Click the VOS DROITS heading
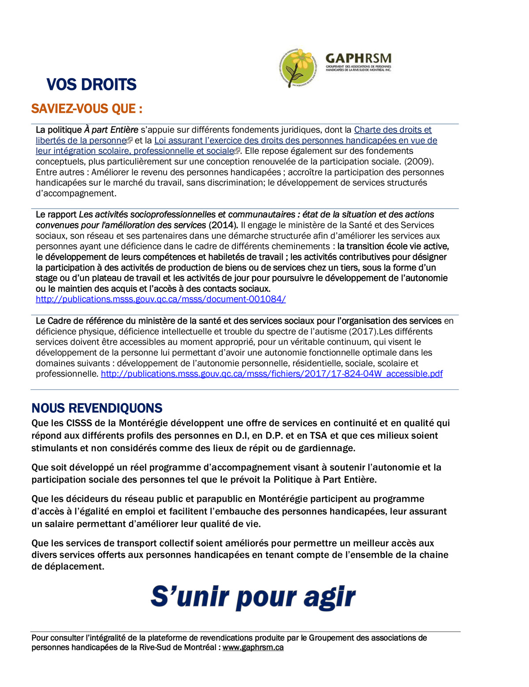(91, 85)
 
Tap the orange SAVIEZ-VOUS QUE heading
(87, 109)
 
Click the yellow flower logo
(298, 67)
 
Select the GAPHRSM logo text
(358, 59)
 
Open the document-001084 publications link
(160, 299)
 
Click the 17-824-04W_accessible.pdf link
(272, 374)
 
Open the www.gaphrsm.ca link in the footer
(253, 648)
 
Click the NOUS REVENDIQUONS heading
(97, 408)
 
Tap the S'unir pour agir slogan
(253, 597)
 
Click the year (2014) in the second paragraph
(223, 225)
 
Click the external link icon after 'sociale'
(237, 151)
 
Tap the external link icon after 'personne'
(130, 141)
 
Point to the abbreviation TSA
(318, 436)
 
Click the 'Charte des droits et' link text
(393, 130)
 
